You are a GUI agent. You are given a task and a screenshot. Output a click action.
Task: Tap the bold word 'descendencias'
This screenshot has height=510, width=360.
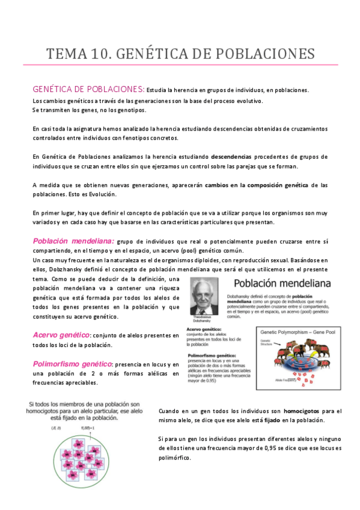click(x=218, y=156)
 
